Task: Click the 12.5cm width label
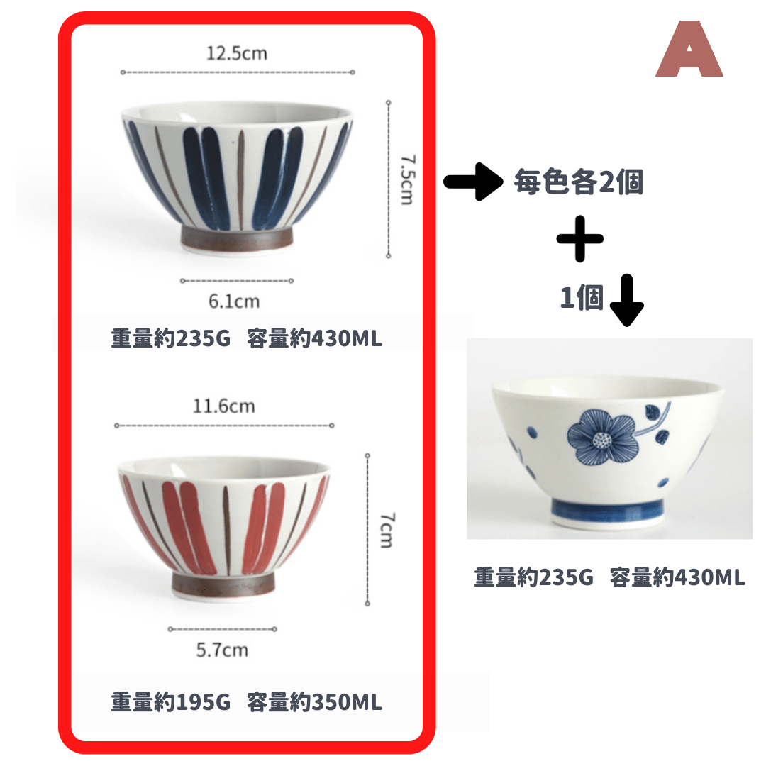[237, 53]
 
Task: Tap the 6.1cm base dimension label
[234, 301]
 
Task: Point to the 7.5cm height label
[406, 179]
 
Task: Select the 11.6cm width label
[223, 406]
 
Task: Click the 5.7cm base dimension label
[222, 650]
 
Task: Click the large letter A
[689, 49]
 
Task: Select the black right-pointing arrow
[473, 182]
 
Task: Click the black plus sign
[580, 239]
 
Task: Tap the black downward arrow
[627, 300]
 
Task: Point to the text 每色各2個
[579, 182]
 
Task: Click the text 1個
[582, 297]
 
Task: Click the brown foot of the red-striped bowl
[223, 584]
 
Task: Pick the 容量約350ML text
[315, 702]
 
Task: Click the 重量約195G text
[170, 702]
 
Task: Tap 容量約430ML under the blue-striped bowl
[315, 338]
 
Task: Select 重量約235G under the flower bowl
[533, 577]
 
